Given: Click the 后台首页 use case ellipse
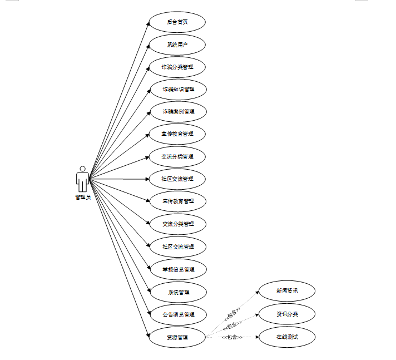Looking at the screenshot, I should [x=177, y=22].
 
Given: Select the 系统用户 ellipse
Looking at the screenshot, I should [x=177, y=45].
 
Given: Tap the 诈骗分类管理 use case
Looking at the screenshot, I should [x=177, y=67].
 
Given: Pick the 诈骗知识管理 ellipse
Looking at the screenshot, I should [x=177, y=89].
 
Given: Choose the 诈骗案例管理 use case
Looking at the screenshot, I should [x=177, y=111].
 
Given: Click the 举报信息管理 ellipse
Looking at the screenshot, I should [x=177, y=269].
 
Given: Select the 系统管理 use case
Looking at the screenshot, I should [x=177, y=292].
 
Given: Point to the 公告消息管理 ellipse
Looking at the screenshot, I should [x=177, y=314].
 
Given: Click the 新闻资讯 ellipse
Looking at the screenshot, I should [x=287, y=290].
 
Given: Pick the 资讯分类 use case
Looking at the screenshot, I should [x=287, y=314].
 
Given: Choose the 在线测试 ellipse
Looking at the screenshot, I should [x=287, y=337].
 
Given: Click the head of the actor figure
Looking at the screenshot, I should [x=82, y=169].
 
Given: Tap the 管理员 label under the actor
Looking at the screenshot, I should [x=82, y=197].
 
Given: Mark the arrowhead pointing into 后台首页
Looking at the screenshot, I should [x=150, y=23].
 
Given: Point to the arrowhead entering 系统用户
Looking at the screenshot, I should [x=150, y=46].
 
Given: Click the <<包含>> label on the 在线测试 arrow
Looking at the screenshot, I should [x=232, y=337].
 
